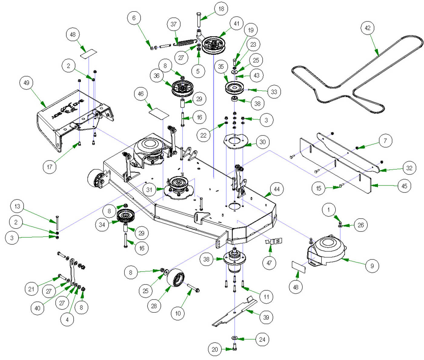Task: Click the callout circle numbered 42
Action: click(x=367, y=28)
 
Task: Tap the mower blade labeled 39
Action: click(x=235, y=312)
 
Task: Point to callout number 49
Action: click(x=26, y=83)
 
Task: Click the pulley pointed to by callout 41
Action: click(x=215, y=46)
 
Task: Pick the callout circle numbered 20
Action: click(x=215, y=349)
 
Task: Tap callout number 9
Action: click(x=372, y=266)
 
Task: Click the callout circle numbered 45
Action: click(x=404, y=186)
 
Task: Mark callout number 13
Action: click(x=17, y=206)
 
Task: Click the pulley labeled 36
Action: click(x=182, y=88)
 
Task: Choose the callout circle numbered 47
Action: click(x=269, y=263)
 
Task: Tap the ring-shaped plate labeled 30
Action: click(x=235, y=142)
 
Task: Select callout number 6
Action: click(x=134, y=18)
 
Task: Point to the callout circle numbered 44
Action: click(x=277, y=189)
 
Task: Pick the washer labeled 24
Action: click(x=234, y=338)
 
